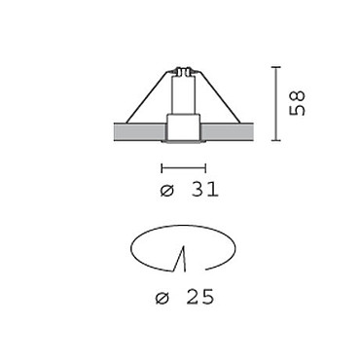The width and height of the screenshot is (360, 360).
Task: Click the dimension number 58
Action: [x=297, y=103]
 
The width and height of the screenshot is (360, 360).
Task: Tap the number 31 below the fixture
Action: [x=205, y=190]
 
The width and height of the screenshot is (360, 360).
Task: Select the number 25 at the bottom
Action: [x=200, y=297]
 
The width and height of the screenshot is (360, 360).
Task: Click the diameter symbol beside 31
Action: [x=167, y=191]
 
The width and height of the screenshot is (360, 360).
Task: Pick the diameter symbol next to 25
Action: [x=162, y=298]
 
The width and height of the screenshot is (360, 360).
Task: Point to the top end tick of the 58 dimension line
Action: [x=275, y=67]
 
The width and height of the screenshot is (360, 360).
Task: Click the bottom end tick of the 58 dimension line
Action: [x=275, y=140]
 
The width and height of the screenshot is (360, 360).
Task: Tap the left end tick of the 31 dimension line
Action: [x=162, y=168]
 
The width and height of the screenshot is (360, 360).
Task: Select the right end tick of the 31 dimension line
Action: [x=205, y=168]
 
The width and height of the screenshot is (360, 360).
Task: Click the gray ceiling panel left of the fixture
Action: [x=140, y=132]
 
